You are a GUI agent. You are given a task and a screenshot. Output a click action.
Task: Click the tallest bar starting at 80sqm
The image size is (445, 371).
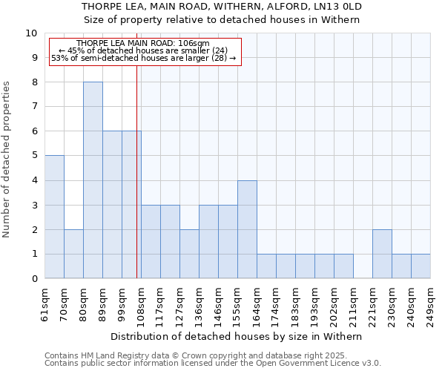[x=93, y=180]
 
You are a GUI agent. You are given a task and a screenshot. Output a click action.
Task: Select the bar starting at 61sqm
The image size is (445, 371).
[x=54, y=217]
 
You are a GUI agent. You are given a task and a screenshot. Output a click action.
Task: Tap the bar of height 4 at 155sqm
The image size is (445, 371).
[x=247, y=229]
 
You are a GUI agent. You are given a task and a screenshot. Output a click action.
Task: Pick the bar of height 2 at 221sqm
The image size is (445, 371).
[x=382, y=254]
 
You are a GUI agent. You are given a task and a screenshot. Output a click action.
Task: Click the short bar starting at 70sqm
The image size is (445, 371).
[x=73, y=254]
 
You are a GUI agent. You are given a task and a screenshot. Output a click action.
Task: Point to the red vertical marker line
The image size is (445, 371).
[x=137, y=171]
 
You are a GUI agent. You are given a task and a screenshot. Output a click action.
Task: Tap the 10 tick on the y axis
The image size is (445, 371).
[x=31, y=33]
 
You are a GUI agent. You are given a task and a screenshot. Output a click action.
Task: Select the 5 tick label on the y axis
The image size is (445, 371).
[x=34, y=156]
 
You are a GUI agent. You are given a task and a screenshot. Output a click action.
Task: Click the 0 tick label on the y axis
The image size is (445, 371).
[x=34, y=279]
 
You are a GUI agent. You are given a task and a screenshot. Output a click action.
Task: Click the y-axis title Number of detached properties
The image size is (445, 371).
[x=7, y=160]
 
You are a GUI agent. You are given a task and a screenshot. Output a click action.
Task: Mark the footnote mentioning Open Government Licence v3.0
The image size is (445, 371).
[x=213, y=364]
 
